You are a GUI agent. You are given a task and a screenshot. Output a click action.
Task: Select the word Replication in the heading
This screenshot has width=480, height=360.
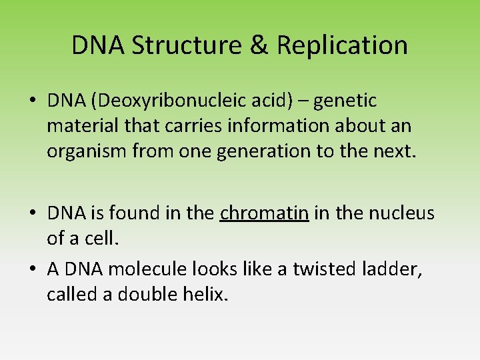coord(342,45)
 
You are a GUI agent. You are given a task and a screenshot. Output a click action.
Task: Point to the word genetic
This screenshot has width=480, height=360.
coord(345,101)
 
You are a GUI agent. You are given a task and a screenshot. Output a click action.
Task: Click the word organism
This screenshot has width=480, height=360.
coord(85,151)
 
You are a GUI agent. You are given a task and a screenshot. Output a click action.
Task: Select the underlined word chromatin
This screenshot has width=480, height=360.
coord(264,213)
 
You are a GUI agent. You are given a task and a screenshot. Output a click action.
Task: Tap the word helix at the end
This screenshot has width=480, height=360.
coord(206,294)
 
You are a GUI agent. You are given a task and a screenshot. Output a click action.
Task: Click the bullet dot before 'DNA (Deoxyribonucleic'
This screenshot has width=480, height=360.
coord(32,101)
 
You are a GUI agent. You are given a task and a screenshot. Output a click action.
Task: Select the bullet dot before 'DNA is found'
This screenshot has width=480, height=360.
coord(32,214)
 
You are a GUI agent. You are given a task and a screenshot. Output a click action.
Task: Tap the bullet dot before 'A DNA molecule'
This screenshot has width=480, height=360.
coord(32,269)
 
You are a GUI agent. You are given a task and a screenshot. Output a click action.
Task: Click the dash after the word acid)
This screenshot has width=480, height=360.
coord(303,102)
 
